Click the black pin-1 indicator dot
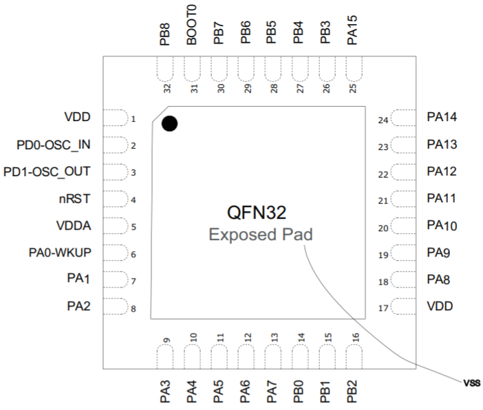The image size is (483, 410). click(169, 124)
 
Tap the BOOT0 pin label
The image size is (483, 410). click(192, 25)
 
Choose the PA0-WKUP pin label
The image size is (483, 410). click(61, 252)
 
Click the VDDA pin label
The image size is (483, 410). click(74, 226)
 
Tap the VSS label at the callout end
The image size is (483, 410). click(471, 381)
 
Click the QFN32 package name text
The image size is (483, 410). click(257, 213)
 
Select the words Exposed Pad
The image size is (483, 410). click(261, 235)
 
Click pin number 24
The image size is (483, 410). click(383, 120)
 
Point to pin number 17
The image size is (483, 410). click(383, 308)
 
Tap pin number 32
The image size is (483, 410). click(167, 88)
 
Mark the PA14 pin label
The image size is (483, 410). click(442, 117)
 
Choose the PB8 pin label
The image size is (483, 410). click(165, 34)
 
